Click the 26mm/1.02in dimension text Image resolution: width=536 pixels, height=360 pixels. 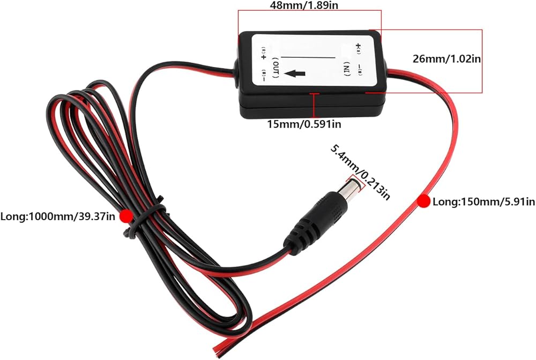(446, 59)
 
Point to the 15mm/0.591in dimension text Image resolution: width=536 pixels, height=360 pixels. (304, 124)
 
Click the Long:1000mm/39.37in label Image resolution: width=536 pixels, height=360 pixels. (59, 216)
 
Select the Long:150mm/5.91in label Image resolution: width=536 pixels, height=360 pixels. (483, 201)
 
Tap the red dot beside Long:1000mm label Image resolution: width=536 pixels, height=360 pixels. (126, 216)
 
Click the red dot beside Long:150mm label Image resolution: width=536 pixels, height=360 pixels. (424, 201)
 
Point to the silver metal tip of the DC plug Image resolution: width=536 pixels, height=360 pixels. (351, 188)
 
